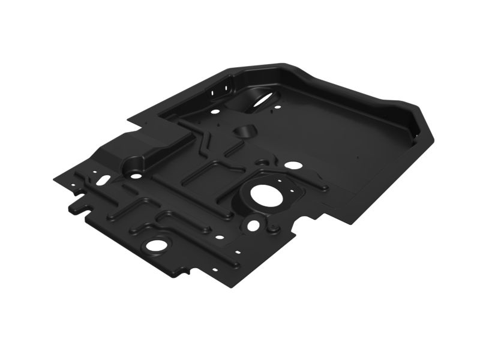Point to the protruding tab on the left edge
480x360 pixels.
76,207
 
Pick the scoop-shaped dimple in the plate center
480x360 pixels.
243,131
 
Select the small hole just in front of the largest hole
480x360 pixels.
254,224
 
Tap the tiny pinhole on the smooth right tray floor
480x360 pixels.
356,158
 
